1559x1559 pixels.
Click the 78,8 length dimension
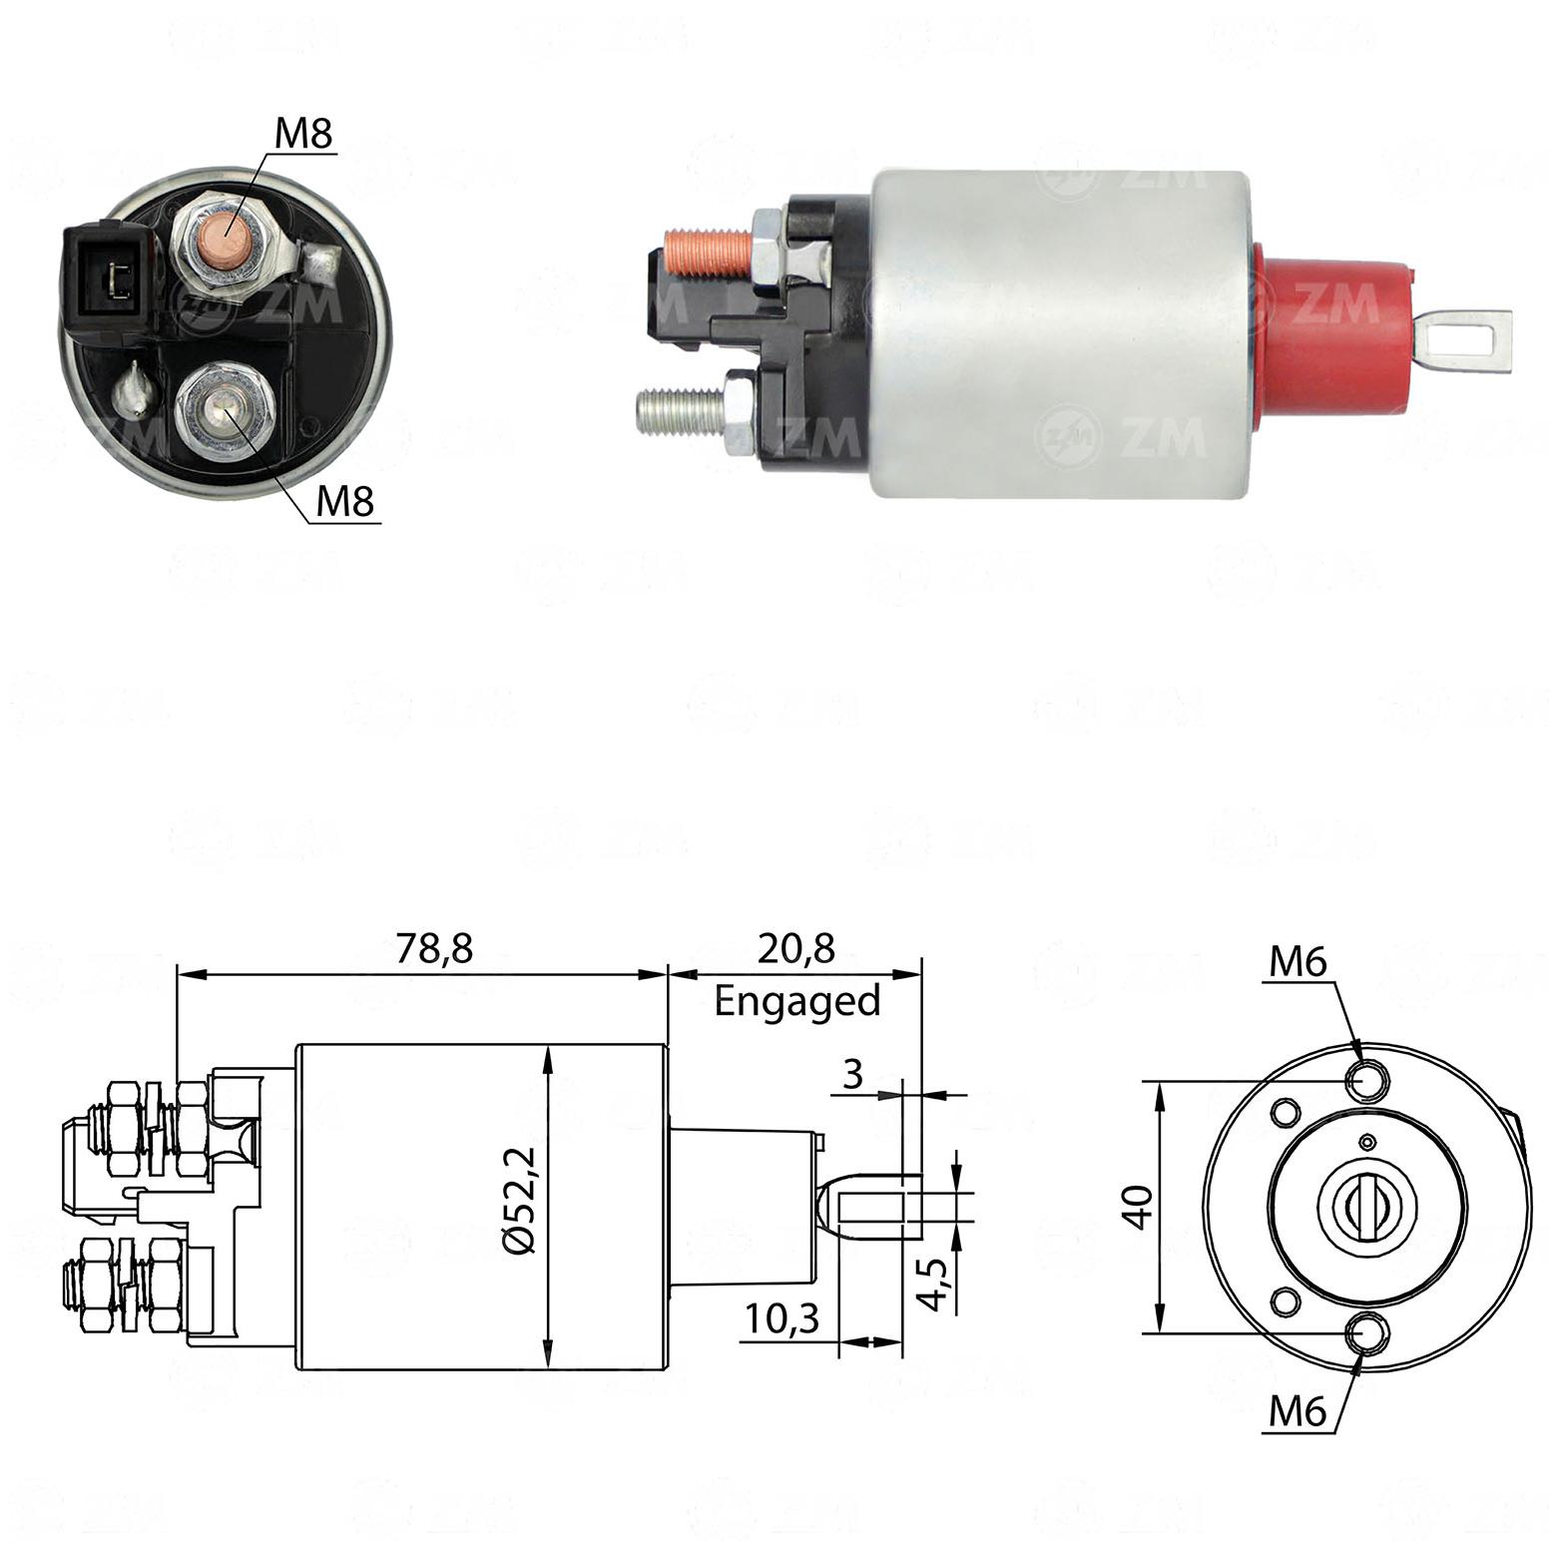coord(434,949)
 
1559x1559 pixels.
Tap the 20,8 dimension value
coord(795,949)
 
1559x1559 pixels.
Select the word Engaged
coord(797,1001)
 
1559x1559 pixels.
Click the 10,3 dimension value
coord(781,1319)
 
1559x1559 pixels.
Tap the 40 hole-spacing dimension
coord(1141,1206)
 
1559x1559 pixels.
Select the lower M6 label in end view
coord(1297,1412)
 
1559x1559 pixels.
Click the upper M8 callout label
coord(303,134)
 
